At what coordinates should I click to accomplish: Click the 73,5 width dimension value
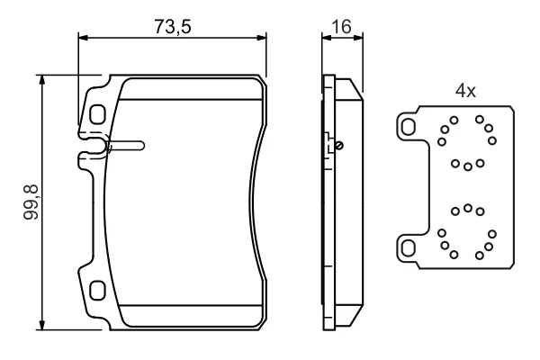(173, 26)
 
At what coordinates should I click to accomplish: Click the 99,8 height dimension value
(31, 202)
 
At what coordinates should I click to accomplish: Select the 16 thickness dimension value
(341, 26)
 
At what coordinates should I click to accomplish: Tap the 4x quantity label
(465, 91)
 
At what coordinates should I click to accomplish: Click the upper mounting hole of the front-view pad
(97, 113)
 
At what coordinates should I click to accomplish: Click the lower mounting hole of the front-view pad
(97, 291)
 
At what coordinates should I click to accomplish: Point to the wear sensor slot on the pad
(125, 146)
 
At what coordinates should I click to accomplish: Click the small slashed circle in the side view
(339, 146)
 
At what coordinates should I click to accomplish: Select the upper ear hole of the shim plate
(409, 127)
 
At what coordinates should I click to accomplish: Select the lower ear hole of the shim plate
(409, 248)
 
